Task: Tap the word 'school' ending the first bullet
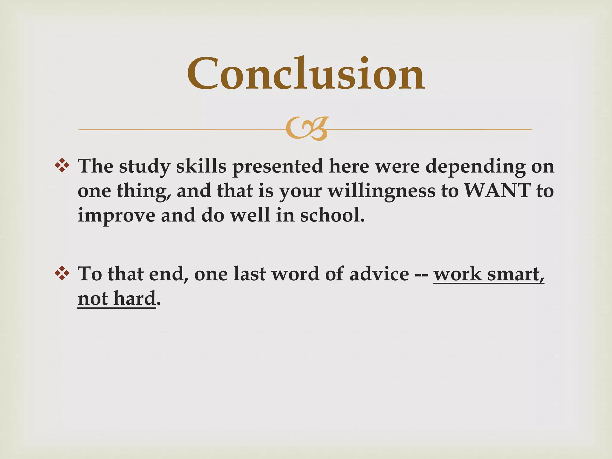(330, 215)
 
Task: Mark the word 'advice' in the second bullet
(379, 274)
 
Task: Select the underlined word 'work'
(458, 274)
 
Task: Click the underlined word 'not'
(93, 299)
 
